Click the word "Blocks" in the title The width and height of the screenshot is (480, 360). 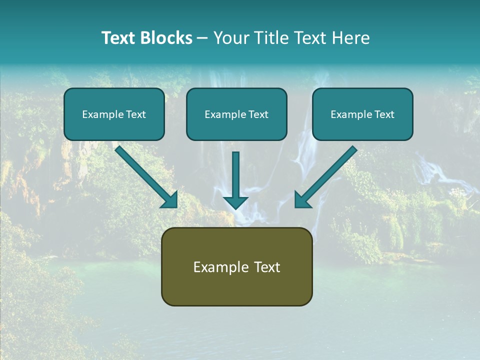point(166,38)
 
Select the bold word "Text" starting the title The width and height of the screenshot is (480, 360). point(119,38)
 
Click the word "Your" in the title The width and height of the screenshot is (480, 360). point(230,38)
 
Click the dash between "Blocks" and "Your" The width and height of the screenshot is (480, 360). point(202,38)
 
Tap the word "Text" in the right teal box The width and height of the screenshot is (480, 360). point(384,114)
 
